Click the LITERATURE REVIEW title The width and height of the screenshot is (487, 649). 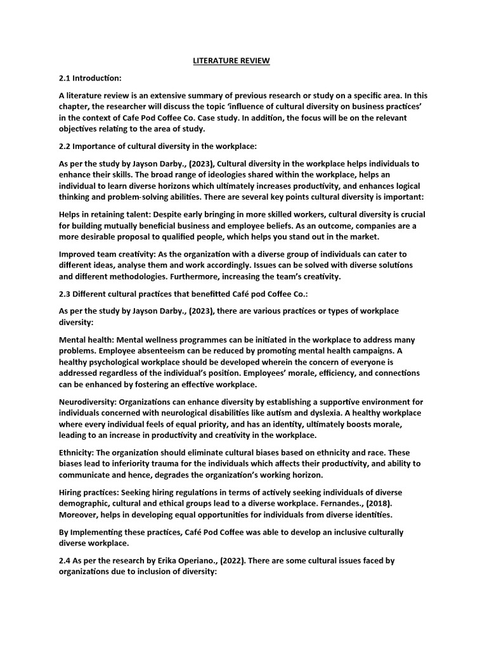tap(231, 60)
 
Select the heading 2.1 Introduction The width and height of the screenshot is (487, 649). tap(89, 78)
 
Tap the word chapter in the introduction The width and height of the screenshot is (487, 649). tap(75, 107)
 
